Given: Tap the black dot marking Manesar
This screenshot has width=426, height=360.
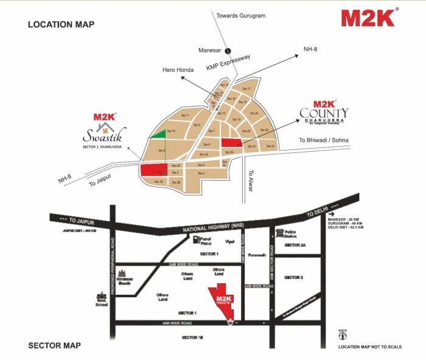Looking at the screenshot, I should pos(228,51).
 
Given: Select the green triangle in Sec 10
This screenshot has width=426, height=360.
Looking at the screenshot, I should pos(158,134).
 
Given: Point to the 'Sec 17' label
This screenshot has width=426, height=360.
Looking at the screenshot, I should pos(246,89).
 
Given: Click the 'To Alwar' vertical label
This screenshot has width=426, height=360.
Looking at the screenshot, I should pos(250,180).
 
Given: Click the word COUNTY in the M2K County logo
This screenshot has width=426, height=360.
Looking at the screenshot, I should pos(324,113).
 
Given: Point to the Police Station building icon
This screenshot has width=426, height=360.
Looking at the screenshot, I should pos(281,233).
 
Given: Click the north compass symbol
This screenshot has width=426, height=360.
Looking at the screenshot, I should pos(344,334).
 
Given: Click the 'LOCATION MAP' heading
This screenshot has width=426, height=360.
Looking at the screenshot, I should pos(61,24).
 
